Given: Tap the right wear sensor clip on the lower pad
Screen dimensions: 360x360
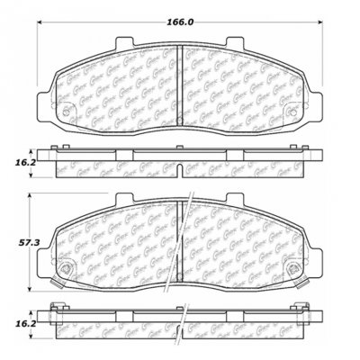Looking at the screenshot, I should (294, 268).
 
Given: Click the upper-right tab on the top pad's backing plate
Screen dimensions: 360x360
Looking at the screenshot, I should (239, 41).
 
